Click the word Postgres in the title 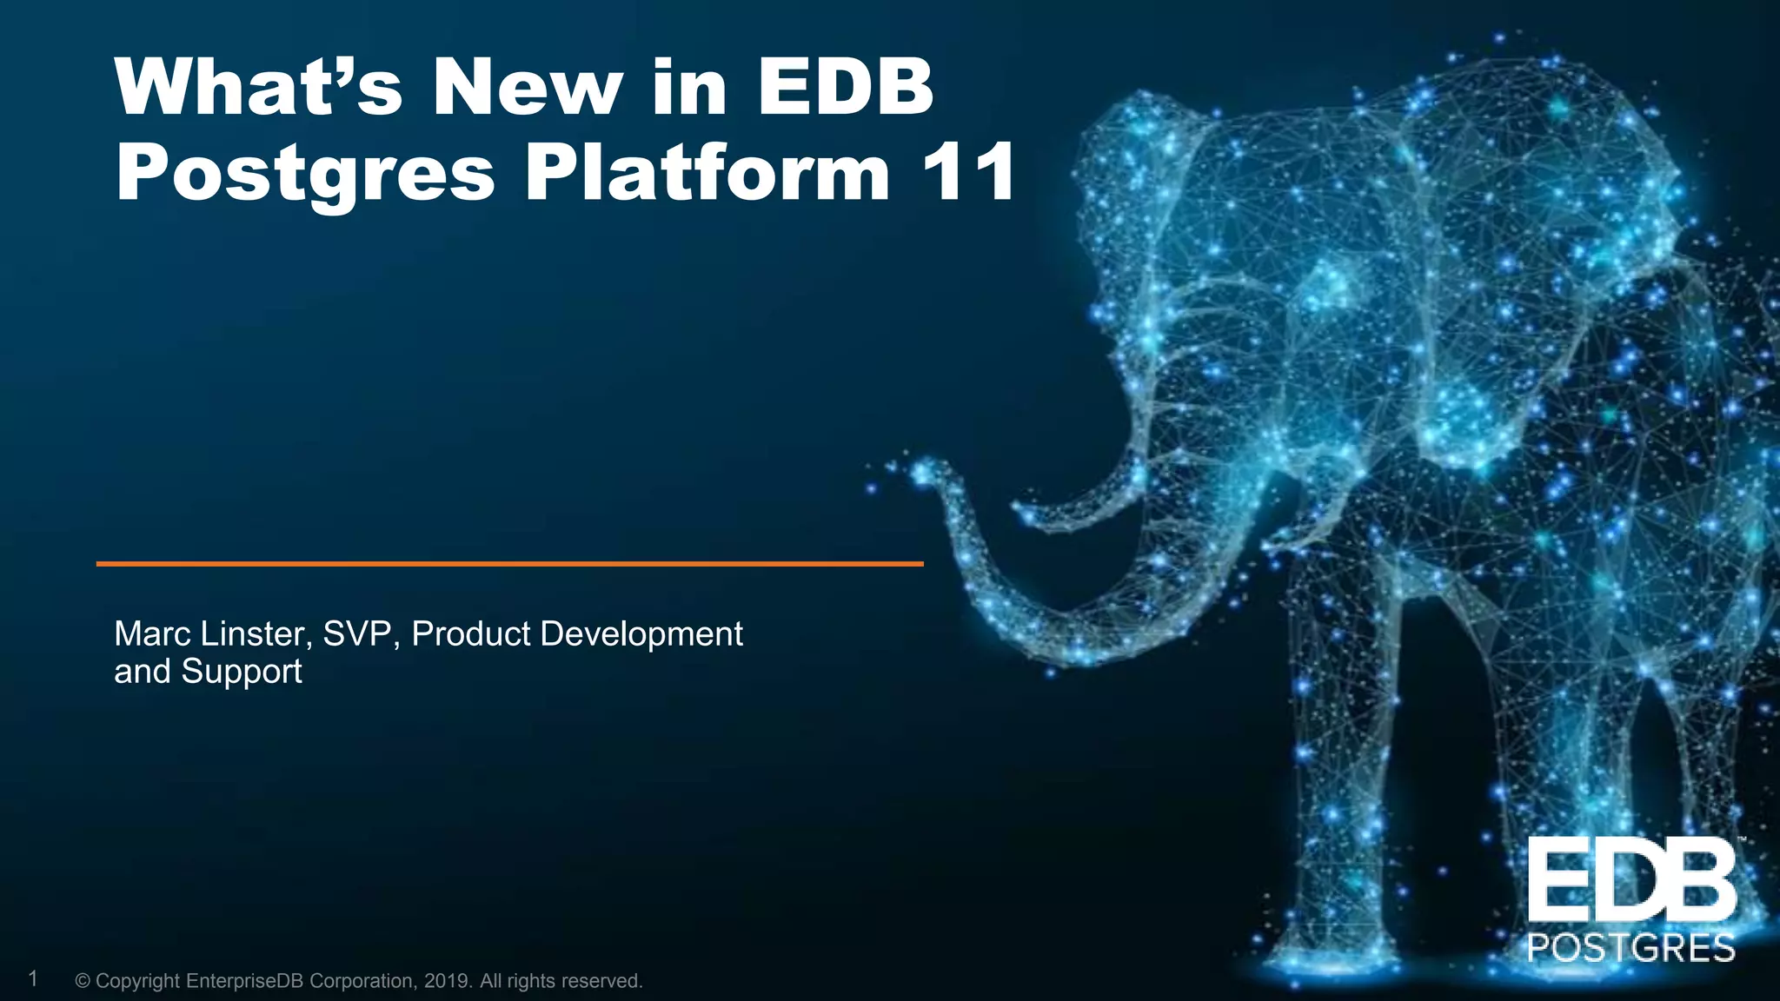coord(304,174)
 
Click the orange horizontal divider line coord(509,564)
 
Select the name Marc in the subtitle coord(152,634)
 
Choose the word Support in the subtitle coord(242,673)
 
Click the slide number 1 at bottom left coord(33,979)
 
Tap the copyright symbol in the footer coord(83,981)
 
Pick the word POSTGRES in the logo coord(1631,948)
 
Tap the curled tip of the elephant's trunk coord(923,474)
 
